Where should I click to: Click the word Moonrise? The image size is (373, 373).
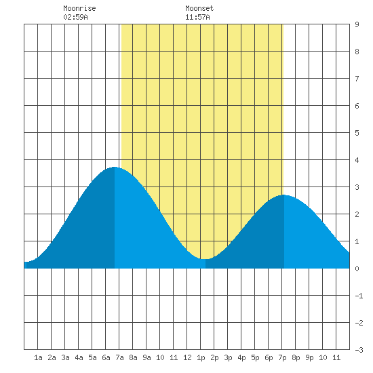click(79, 8)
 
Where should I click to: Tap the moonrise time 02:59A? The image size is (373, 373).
click(75, 17)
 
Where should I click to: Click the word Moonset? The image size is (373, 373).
click(199, 8)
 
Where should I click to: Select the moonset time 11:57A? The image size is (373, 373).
click(197, 17)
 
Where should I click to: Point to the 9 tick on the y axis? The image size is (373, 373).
click(357, 24)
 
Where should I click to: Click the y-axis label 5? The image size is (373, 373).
click(357, 133)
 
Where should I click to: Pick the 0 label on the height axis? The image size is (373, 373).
click(357, 269)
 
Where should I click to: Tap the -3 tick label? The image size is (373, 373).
click(359, 350)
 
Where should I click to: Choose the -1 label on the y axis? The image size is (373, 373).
click(359, 296)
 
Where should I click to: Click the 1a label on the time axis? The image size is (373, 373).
click(38, 357)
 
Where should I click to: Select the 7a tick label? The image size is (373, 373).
click(119, 357)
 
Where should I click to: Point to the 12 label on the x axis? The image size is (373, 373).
click(187, 357)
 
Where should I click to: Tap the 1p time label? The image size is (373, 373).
click(201, 357)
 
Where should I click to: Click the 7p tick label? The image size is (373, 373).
click(282, 357)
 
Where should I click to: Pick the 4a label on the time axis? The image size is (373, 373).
click(79, 357)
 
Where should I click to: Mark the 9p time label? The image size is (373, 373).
click(309, 357)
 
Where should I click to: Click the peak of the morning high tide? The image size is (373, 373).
click(115, 167)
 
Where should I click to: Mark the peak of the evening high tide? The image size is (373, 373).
click(283, 195)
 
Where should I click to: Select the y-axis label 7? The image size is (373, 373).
click(357, 79)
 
